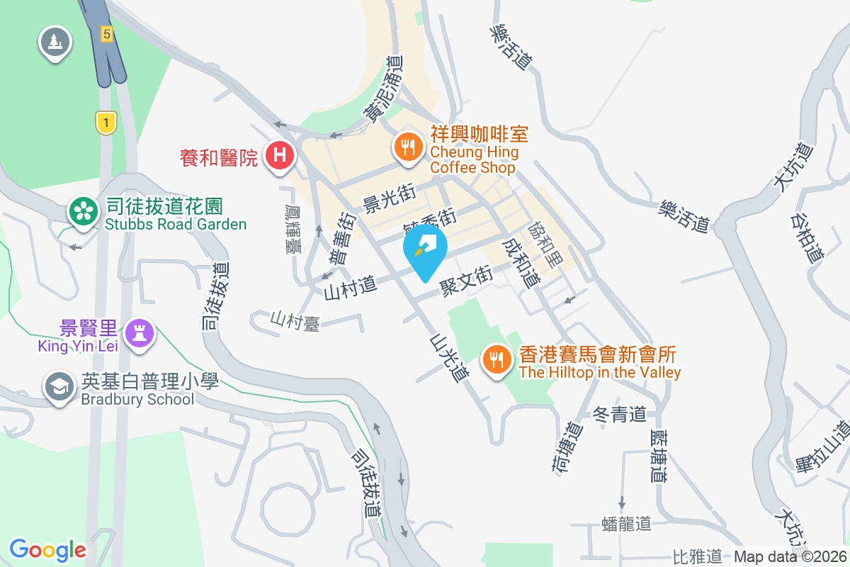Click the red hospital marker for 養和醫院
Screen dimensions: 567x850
(x=279, y=155)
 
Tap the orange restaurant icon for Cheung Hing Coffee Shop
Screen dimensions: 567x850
(x=408, y=147)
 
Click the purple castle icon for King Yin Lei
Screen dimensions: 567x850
(x=138, y=332)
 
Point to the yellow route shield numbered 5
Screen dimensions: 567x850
(x=106, y=33)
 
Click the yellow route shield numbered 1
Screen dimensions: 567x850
(x=106, y=123)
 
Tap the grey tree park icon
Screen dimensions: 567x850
(x=55, y=41)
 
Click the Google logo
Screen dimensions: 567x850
(x=47, y=549)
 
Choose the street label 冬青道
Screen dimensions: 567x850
(x=620, y=414)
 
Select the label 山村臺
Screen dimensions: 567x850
(x=295, y=322)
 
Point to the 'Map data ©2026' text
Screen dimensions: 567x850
(x=790, y=556)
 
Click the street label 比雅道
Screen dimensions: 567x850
(x=697, y=556)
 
